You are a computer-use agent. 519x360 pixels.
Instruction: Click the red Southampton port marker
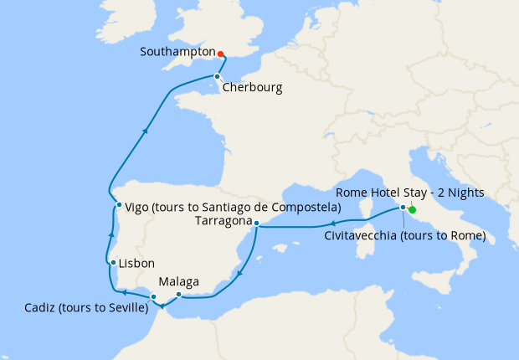tap(220, 54)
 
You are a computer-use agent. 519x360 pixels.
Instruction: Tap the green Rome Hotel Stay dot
tap(413, 210)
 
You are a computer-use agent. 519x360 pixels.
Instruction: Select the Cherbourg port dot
tap(217, 76)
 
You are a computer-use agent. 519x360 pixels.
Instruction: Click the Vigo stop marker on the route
tap(119, 205)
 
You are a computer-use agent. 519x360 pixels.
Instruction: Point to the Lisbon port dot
tap(112, 263)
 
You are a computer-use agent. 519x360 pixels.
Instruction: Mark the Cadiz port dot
tap(153, 297)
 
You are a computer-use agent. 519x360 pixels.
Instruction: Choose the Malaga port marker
tap(179, 294)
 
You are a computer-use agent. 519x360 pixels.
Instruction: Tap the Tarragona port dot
tap(257, 223)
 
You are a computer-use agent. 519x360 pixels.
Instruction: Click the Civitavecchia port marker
tap(403, 207)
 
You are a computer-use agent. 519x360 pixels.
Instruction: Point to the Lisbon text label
tap(137, 262)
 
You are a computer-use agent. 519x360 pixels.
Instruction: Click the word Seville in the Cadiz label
tap(126, 309)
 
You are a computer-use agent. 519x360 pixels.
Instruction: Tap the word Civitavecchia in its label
tap(365, 236)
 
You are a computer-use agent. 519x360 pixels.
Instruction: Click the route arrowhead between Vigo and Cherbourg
tap(146, 130)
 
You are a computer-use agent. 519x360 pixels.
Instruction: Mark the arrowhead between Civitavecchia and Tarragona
tap(333, 224)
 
